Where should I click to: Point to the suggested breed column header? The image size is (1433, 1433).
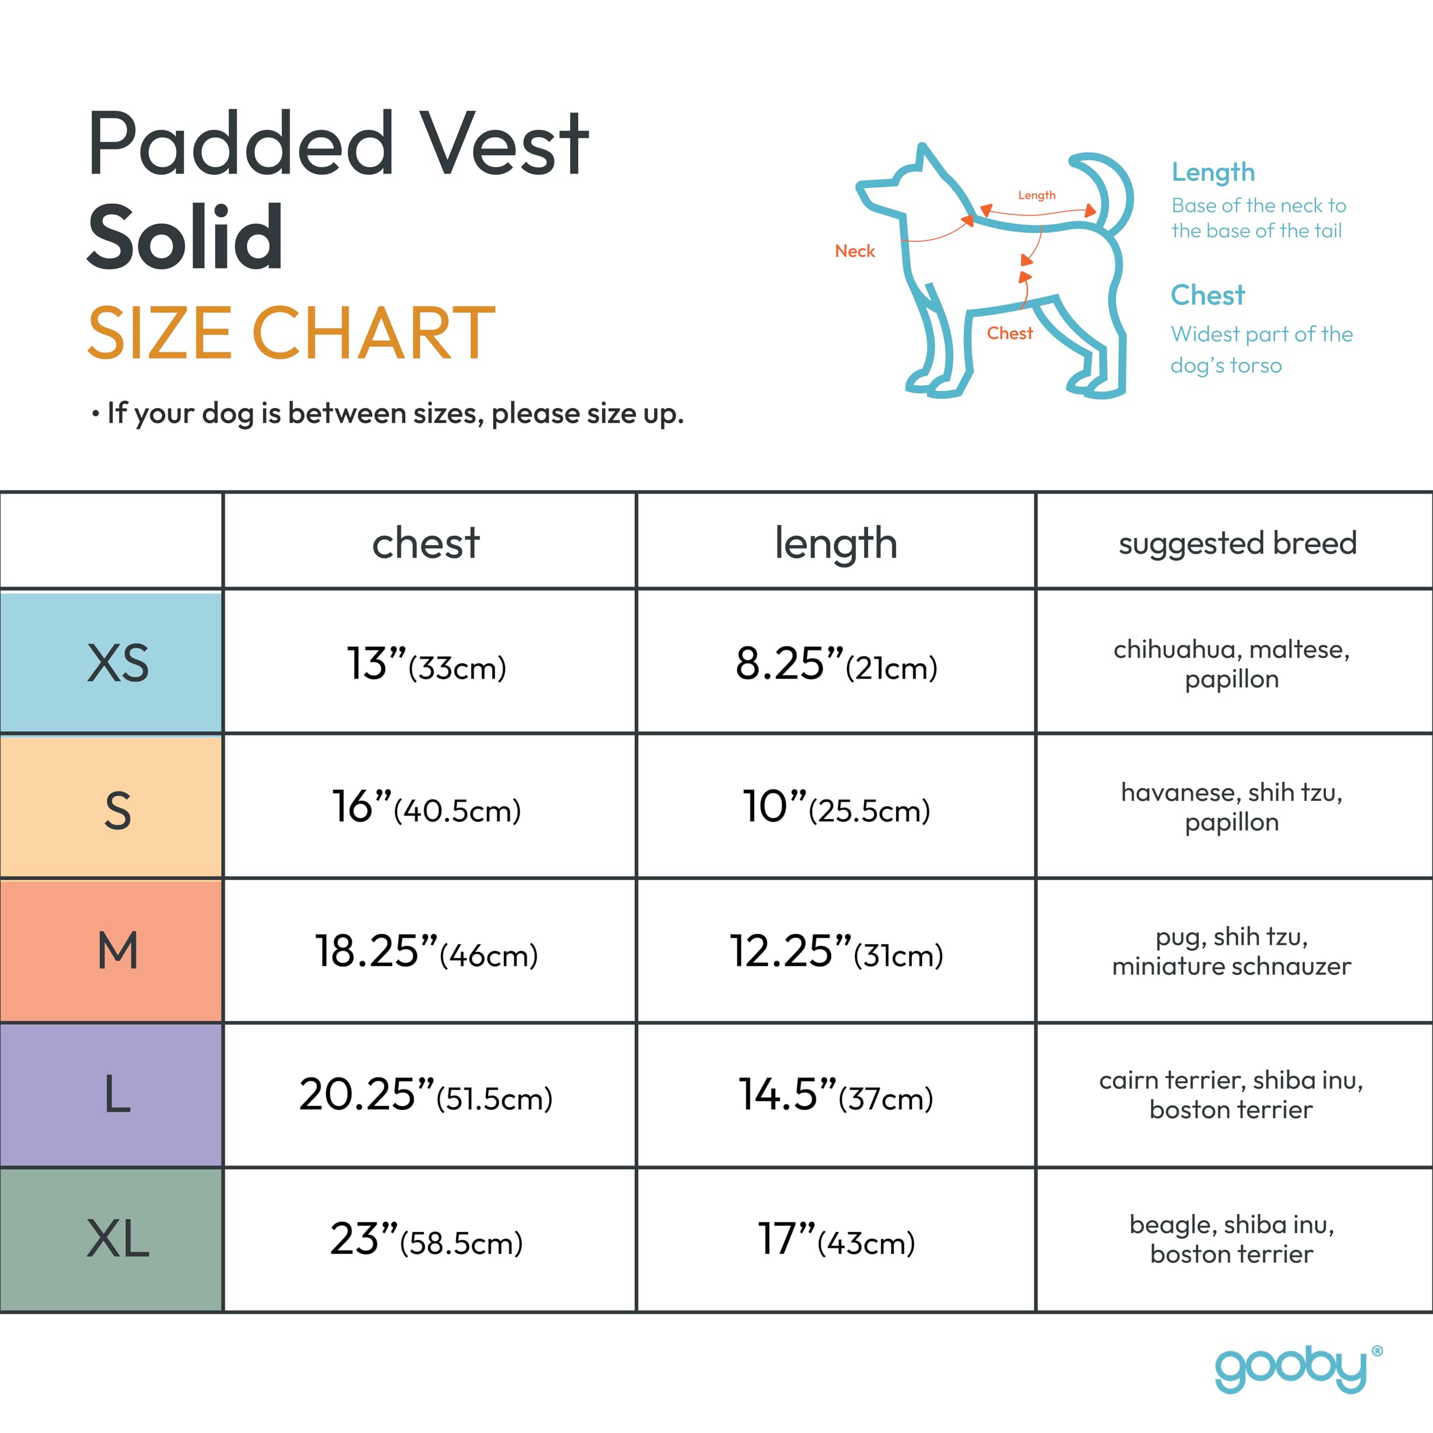tap(1237, 543)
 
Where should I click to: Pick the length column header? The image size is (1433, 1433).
tap(836, 543)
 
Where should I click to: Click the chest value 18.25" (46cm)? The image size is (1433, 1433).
tap(426, 952)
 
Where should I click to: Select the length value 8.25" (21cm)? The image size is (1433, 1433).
tap(836, 664)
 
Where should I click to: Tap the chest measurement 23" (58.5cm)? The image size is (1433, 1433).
tap(426, 1239)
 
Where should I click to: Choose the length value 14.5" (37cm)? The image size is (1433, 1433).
tap(836, 1095)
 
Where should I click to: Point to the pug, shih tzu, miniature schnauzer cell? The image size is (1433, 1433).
tap(1231, 952)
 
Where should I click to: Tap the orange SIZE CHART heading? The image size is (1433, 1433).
tap(292, 334)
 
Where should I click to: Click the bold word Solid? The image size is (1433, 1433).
tap(185, 237)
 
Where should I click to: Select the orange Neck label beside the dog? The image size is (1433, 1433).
tap(854, 251)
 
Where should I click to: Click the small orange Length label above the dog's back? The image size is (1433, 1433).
tap(1036, 195)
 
